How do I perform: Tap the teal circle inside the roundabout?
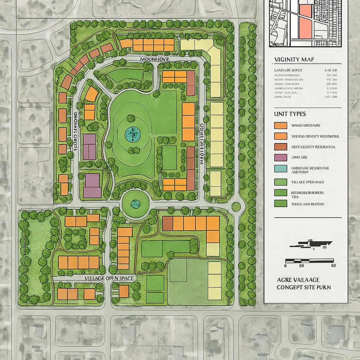(135, 204)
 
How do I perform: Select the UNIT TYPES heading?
(290, 114)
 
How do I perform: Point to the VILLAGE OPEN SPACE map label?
(109, 278)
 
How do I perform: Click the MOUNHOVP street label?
(155, 59)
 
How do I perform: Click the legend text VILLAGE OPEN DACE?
(308, 182)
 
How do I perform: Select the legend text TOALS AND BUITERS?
(308, 204)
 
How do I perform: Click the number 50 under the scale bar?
(301, 266)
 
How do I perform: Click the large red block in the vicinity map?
(306, 25)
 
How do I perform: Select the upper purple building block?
(89, 147)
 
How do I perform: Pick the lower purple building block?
(92, 185)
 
